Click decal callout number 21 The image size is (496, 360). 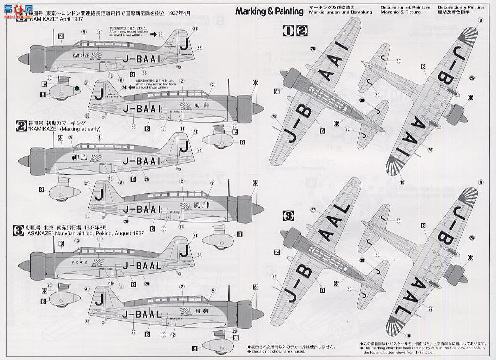point(212,183)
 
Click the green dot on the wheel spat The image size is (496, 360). point(78,88)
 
